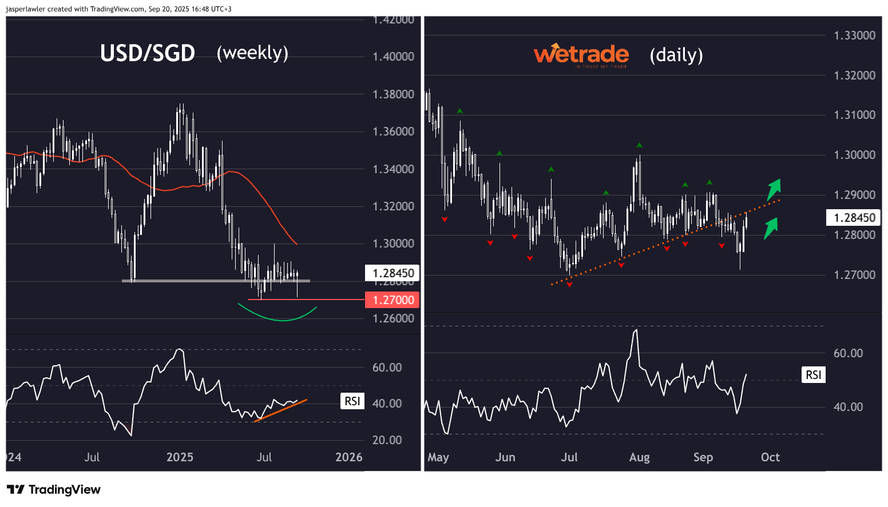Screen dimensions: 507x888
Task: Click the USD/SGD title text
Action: pyautogui.click(x=148, y=53)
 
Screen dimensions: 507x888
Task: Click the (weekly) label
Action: pyautogui.click(x=252, y=53)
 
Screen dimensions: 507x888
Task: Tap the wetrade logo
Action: pyautogui.click(x=581, y=55)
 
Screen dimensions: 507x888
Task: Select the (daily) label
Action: pyautogui.click(x=676, y=55)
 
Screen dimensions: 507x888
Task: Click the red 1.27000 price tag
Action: pyautogui.click(x=393, y=300)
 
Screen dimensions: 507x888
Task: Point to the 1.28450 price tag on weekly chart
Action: pyautogui.click(x=393, y=273)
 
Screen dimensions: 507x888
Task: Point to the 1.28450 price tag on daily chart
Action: pyautogui.click(x=854, y=218)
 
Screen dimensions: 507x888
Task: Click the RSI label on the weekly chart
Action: pyautogui.click(x=352, y=401)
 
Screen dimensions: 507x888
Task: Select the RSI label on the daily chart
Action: pyautogui.click(x=813, y=375)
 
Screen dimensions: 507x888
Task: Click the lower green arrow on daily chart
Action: pyautogui.click(x=771, y=227)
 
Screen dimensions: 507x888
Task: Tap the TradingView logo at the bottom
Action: pyautogui.click(x=54, y=490)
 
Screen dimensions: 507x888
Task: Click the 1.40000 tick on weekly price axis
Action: pyautogui.click(x=393, y=57)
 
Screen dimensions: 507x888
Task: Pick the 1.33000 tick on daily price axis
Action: pyautogui.click(x=854, y=35)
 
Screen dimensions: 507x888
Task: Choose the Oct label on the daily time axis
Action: pyautogui.click(x=770, y=457)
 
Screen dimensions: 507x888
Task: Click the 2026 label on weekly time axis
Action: pyautogui.click(x=348, y=457)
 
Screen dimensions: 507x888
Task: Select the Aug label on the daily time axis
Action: pyautogui.click(x=639, y=457)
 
